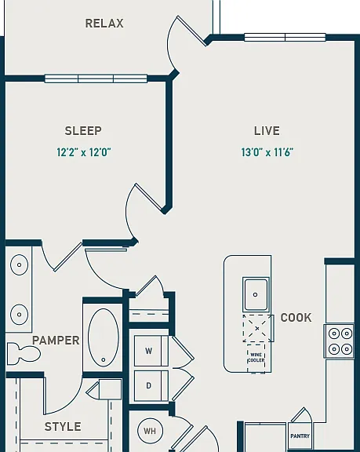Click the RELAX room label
pyautogui.click(x=104, y=24)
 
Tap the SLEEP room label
pyautogui.click(x=83, y=131)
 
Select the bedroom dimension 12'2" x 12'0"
pyautogui.click(x=84, y=152)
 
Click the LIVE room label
pyautogui.click(x=267, y=131)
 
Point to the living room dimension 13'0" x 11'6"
pyautogui.click(x=267, y=152)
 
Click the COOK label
pyautogui.click(x=296, y=318)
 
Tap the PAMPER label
pyautogui.click(x=56, y=341)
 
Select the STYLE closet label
pyautogui.click(x=63, y=427)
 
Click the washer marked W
pyautogui.click(x=151, y=351)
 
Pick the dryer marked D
pyautogui.click(x=151, y=386)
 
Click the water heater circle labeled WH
pyautogui.click(x=150, y=431)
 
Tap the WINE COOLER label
pyautogui.click(x=256, y=358)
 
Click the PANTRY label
pyautogui.click(x=300, y=436)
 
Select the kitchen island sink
pyautogui.click(x=256, y=294)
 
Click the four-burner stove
pyautogui.click(x=340, y=341)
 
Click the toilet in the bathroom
pyautogui.click(x=23, y=353)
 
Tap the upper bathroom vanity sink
pyautogui.click(x=19, y=264)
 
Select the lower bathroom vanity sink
pyautogui.click(x=19, y=315)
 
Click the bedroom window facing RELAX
pyautogui.click(x=96, y=78)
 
